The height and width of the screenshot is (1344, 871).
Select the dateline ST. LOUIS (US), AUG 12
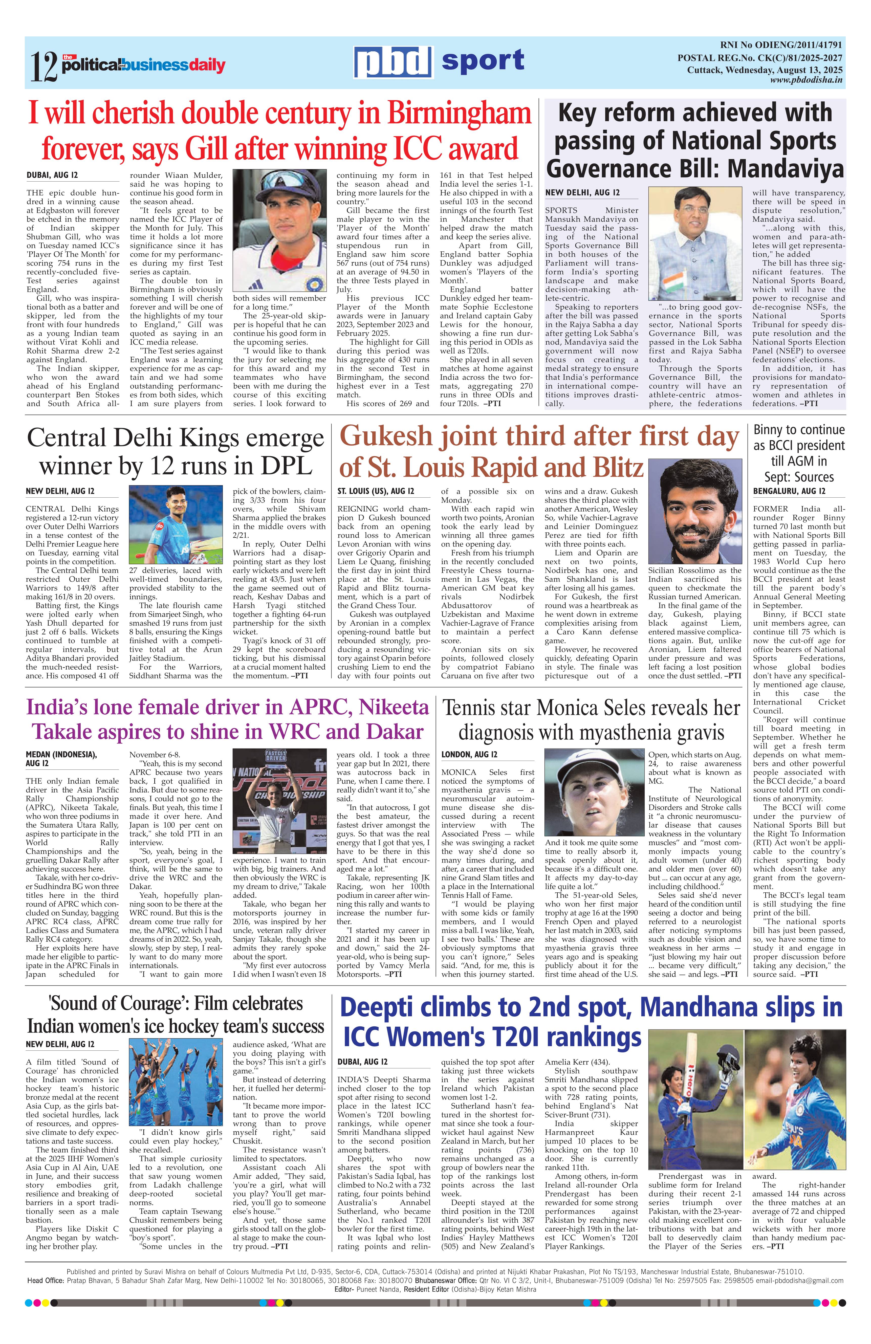pyautogui.click(x=376, y=491)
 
